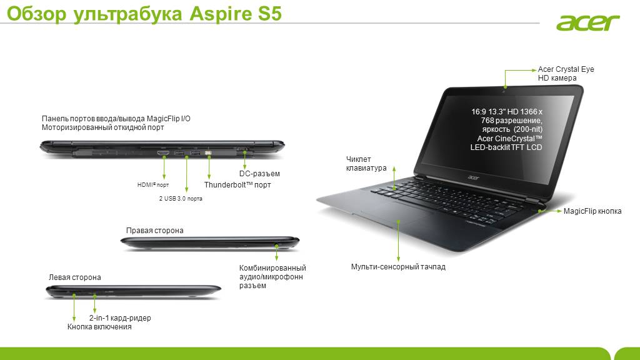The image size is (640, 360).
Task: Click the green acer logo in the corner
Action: pos(587,23)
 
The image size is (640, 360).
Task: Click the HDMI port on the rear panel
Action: pos(163,153)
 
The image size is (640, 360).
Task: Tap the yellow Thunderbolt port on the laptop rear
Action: pos(208,153)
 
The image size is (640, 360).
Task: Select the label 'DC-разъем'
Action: pos(259,174)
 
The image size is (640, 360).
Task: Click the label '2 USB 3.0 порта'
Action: pos(181,198)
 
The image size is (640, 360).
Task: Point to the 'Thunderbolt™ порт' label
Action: pos(237,185)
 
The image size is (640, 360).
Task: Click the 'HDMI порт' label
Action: pos(153,185)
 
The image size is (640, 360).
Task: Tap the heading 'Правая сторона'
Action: pos(155,231)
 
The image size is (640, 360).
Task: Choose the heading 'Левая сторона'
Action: pos(75,277)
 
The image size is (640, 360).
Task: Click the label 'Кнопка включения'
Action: pos(99,327)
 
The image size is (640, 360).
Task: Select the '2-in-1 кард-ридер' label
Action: pos(120,318)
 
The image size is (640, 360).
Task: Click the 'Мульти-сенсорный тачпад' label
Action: pos(398,267)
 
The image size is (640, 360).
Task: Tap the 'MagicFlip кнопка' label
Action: pos(592,211)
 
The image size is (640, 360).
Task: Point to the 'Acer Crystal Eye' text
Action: pos(566,69)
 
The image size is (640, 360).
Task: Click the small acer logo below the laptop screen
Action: pos(473,177)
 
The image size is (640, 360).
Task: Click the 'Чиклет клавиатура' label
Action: pos(366,164)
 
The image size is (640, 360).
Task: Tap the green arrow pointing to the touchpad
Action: pos(398,241)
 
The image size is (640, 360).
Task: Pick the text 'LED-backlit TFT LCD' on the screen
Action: pos(506,147)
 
